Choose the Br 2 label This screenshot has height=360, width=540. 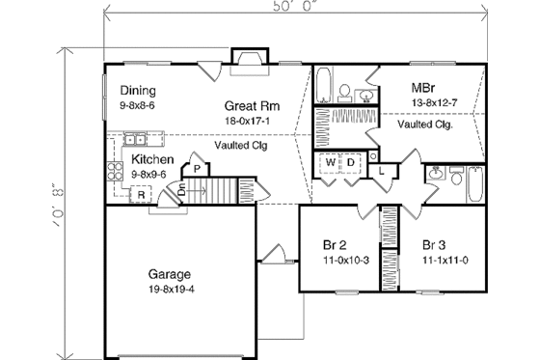pos(334,245)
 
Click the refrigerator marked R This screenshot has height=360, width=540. pos(140,195)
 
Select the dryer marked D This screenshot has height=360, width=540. pos(353,162)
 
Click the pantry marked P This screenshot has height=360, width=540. pos(196,169)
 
